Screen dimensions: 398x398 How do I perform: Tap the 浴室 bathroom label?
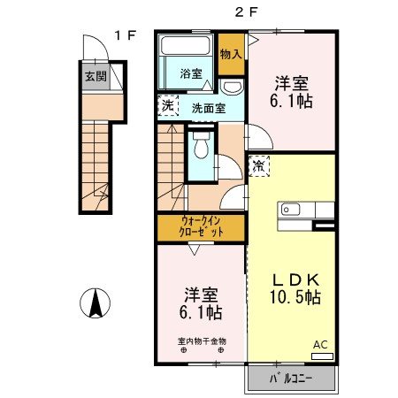click(191, 73)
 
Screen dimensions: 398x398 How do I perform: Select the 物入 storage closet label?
click(231, 55)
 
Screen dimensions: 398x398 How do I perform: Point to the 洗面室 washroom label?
click(209, 108)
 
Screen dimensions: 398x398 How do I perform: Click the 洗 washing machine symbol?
click(168, 106)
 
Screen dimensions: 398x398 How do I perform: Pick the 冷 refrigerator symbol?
click(258, 165)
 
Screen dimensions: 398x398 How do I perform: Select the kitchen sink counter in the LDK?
click(306, 210)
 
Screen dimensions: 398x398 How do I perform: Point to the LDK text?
click(295, 275)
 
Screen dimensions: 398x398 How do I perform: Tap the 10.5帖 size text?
click(295, 297)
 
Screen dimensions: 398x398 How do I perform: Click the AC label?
click(320, 346)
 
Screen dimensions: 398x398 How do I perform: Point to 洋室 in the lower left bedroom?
click(202, 293)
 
